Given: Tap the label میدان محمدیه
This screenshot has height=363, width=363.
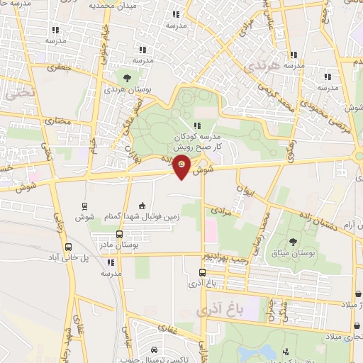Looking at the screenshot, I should (111, 6).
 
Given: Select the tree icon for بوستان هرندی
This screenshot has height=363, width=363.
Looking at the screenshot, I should (126, 77).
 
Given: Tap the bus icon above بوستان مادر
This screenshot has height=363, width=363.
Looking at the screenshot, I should (118, 234).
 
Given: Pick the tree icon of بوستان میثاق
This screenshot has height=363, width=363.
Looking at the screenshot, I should (294, 242).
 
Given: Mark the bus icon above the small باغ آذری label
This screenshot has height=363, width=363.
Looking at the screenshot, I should (203, 272).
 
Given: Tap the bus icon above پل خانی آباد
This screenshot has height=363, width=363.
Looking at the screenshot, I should (68, 247).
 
